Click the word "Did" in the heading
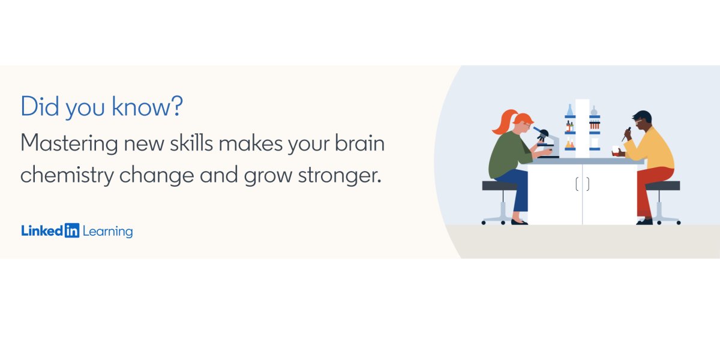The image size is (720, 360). click(40, 107)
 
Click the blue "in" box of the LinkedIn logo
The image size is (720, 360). click(72, 231)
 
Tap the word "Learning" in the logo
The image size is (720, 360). click(108, 232)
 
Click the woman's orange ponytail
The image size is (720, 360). click(499, 122)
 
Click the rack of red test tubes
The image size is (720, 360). click(595, 125)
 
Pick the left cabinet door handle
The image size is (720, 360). click(577, 185)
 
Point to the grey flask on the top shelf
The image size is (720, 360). click(594, 111)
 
